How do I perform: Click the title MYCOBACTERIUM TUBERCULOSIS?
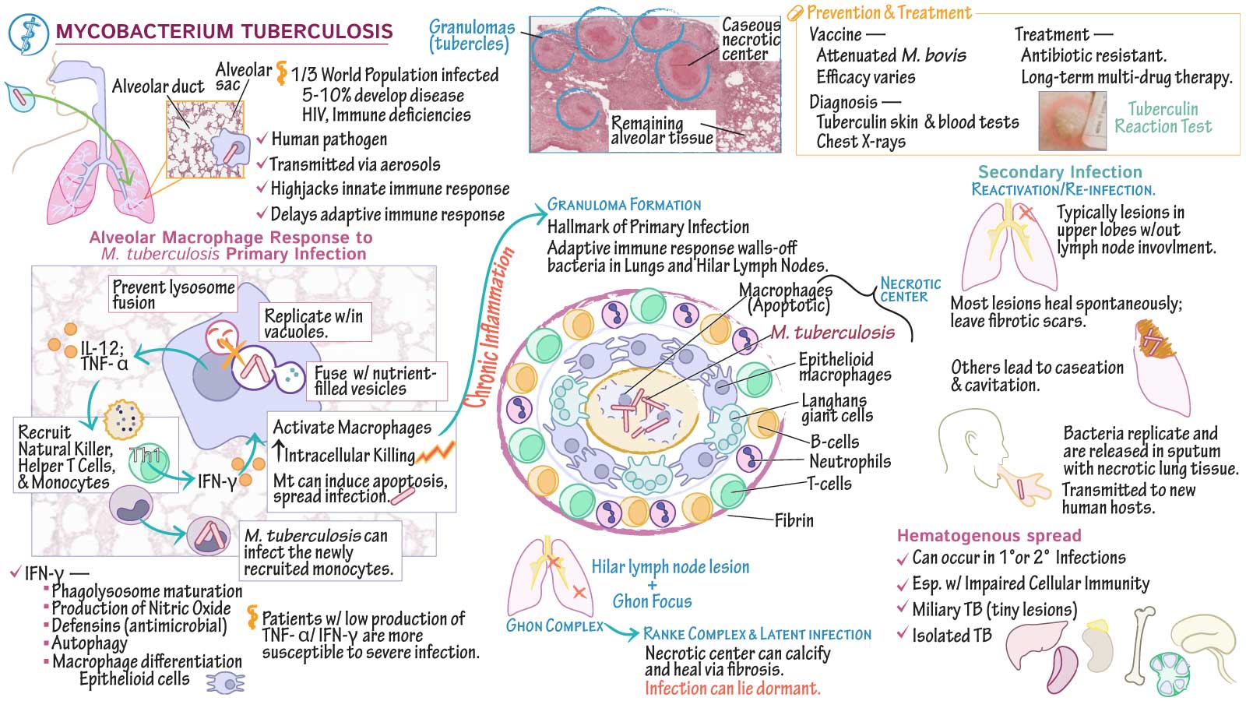click(224, 32)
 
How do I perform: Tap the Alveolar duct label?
click(157, 86)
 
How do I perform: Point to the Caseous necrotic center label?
click(750, 40)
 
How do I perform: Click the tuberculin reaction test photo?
click(1072, 121)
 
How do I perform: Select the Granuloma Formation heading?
click(624, 205)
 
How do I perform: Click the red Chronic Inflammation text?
click(489, 327)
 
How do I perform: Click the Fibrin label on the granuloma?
click(794, 520)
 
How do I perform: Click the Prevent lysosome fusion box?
click(173, 294)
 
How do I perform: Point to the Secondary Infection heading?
click(1060, 172)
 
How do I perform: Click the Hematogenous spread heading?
click(989, 536)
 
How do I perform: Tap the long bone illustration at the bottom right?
click(1142, 644)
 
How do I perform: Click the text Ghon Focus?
click(652, 601)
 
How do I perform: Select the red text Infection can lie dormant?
click(732, 689)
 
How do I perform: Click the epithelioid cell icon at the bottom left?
click(225, 683)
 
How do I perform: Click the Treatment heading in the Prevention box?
click(1051, 34)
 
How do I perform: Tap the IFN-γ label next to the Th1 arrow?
click(216, 481)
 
